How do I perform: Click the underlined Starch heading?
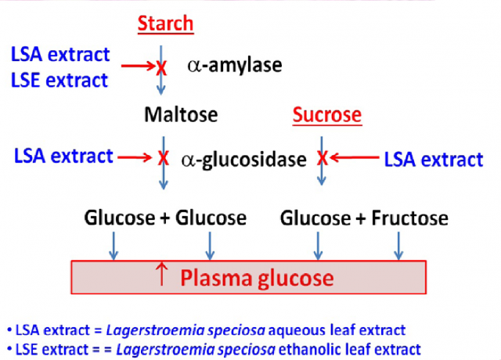165,24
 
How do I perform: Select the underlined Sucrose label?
327,116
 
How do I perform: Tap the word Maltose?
181,115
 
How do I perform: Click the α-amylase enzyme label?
234,67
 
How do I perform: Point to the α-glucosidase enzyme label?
243,160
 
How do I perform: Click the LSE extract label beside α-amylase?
59,79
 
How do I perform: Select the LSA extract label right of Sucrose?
433,160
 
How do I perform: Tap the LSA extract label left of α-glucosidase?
63,156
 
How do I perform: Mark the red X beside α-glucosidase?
163,158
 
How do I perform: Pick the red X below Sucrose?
322,159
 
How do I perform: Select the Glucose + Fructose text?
364,218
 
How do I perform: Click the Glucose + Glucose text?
165,218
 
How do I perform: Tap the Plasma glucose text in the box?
258,278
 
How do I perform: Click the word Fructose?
409,218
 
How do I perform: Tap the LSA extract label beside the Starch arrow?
60,55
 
